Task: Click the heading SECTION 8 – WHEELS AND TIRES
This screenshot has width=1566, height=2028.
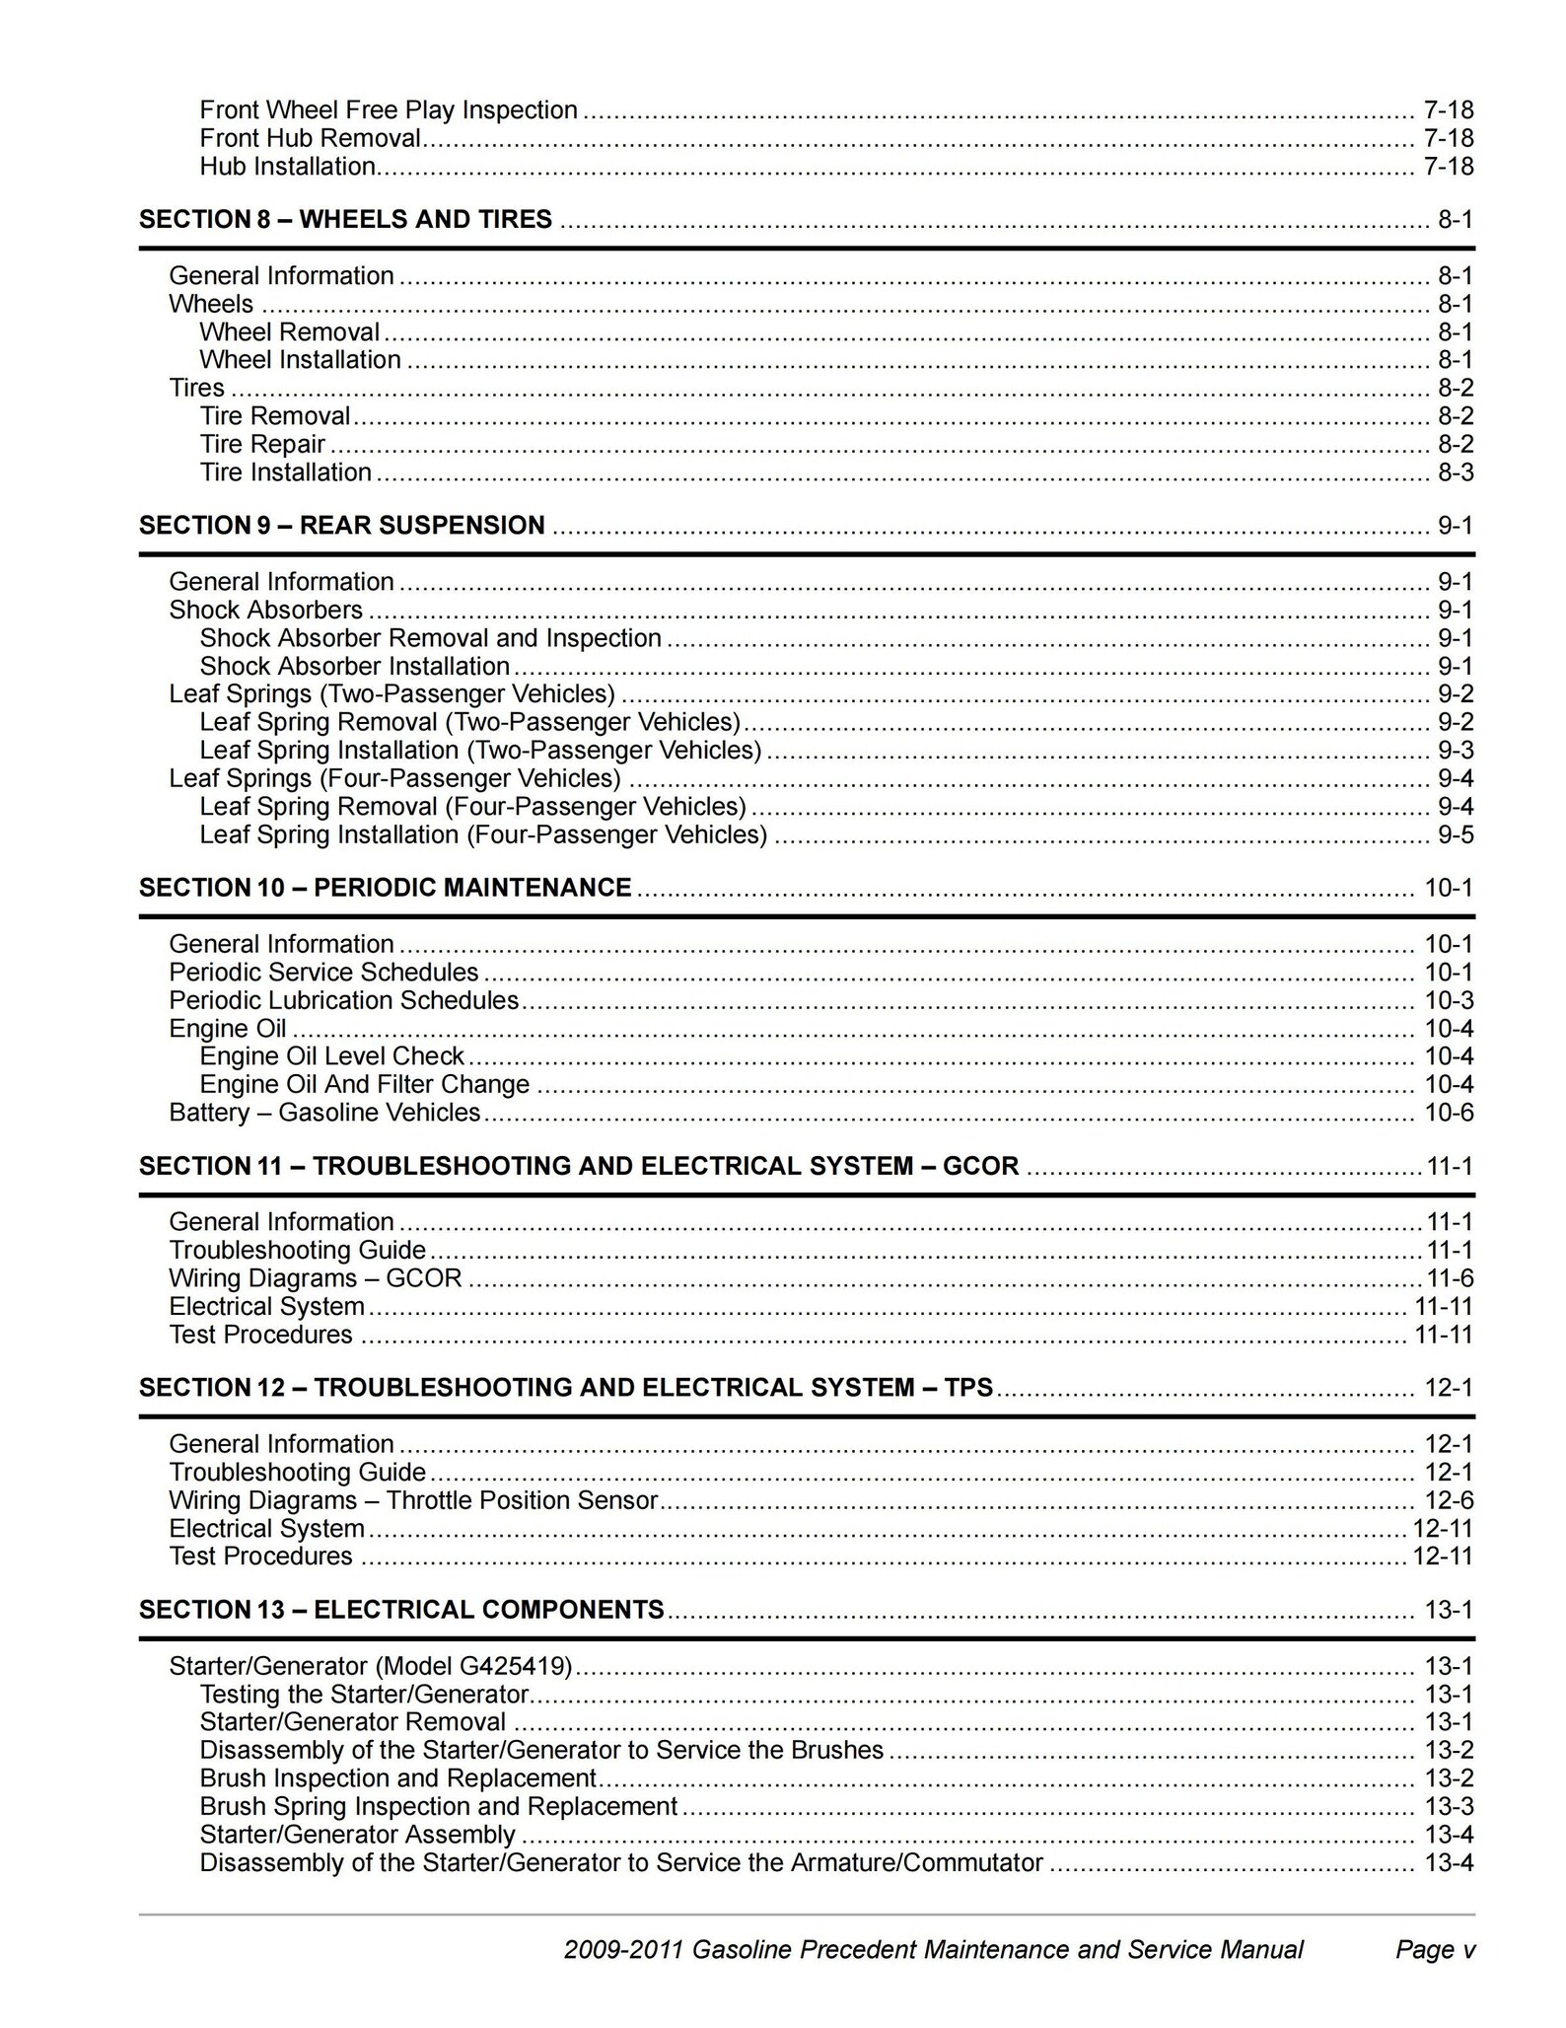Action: pyautogui.click(x=345, y=219)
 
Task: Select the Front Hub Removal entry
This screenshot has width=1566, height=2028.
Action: pyautogui.click(x=310, y=138)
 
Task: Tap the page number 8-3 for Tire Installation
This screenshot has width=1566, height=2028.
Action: pyautogui.click(x=1455, y=472)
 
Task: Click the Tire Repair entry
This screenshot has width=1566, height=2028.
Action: pyautogui.click(x=262, y=444)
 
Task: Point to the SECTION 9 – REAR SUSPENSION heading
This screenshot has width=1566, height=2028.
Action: pyautogui.click(x=341, y=525)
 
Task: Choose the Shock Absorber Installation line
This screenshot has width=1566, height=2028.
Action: pyautogui.click(x=354, y=666)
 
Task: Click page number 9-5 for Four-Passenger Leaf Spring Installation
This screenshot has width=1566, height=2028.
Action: pyautogui.click(x=1455, y=835)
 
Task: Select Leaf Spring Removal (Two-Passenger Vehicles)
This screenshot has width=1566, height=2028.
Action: pyautogui.click(x=469, y=722)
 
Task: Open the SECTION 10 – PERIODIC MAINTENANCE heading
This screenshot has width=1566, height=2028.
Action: pyautogui.click(x=385, y=888)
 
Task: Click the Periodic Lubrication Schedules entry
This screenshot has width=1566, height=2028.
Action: pyautogui.click(x=343, y=1000)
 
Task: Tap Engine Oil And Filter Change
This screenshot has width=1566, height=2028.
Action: pyautogui.click(x=364, y=1085)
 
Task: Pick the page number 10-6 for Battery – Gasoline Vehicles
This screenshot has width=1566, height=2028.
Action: pyautogui.click(x=1448, y=1113)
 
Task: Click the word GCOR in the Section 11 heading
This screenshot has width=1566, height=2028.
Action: pyautogui.click(x=980, y=1166)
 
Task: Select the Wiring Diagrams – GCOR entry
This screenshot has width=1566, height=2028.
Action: pyautogui.click(x=315, y=1278)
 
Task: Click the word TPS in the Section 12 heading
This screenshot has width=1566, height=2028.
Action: pyautogui.click(x=968, y=1388)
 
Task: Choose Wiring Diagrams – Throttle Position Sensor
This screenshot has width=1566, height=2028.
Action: pyautogui.click(x=412, y=1500)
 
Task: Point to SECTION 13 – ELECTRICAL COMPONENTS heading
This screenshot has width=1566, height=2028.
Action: pyautogui.click(x=400, y=1610)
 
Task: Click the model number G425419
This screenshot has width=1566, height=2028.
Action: pyautogui.click(x=513, y=1666)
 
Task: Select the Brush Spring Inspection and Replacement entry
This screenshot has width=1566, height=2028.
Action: pyautogui.click(x=438, y=1806)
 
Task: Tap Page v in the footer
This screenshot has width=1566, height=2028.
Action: pyautogui.click(x=1435, y=1949)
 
